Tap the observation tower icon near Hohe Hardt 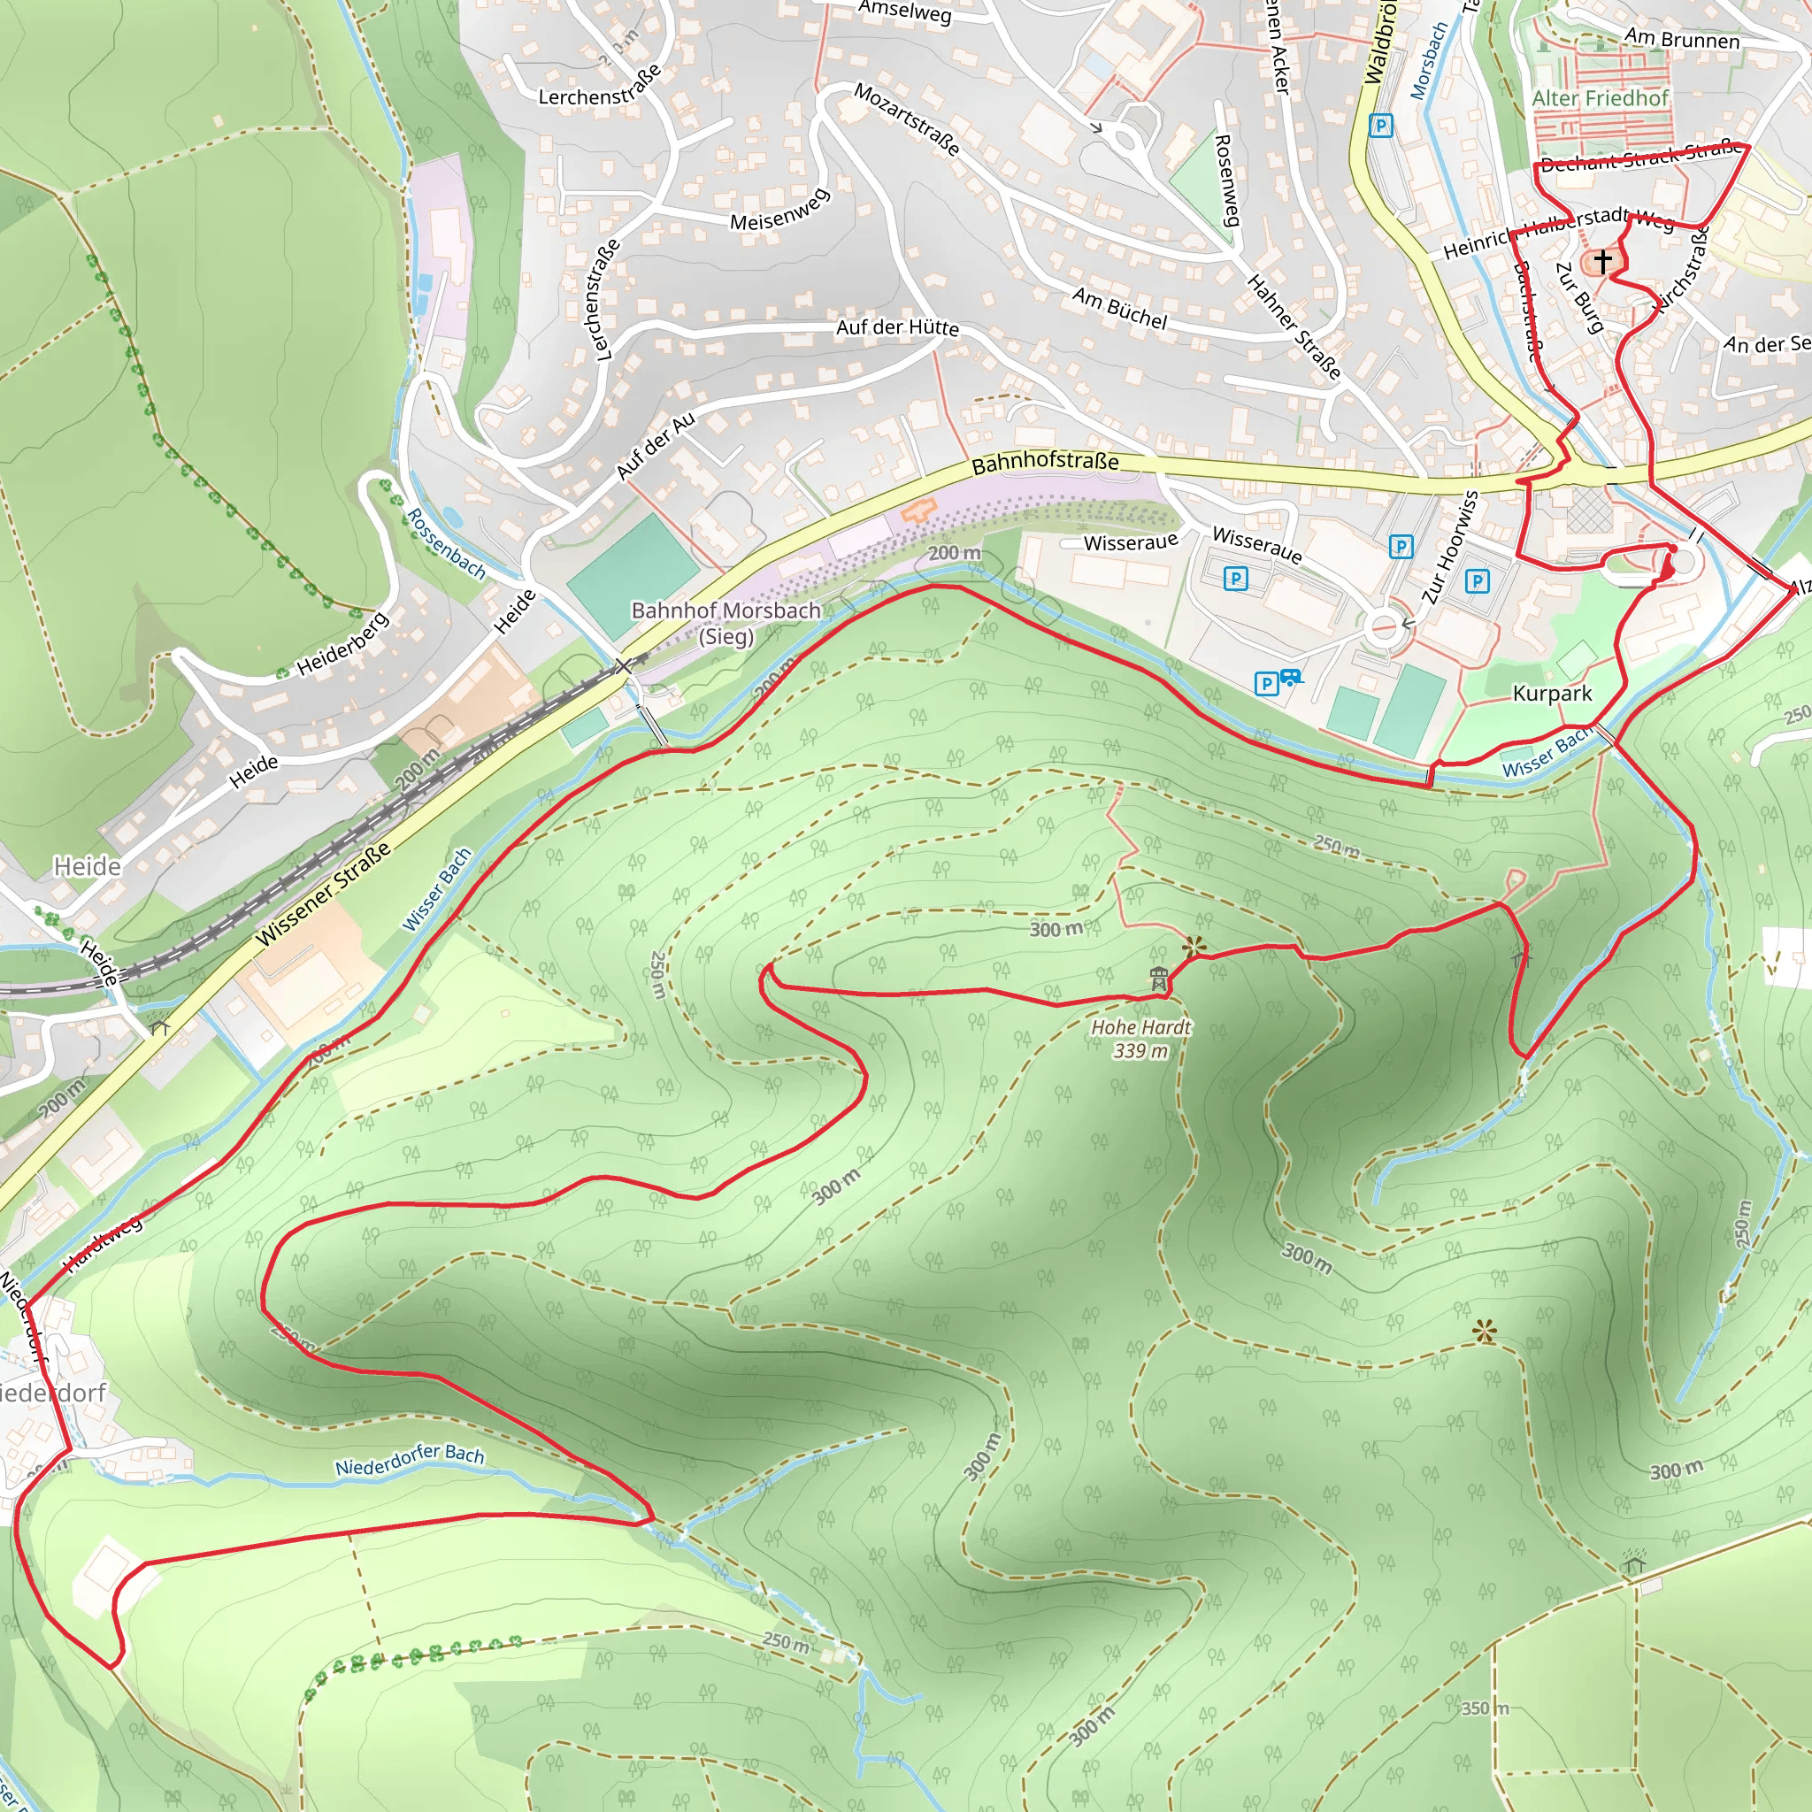[1159, 979]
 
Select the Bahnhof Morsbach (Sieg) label [726, 623]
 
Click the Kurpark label [1552, 694]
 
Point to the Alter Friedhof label [1600, 98]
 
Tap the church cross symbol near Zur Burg [1603, 260]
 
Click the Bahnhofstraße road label [1045, 463]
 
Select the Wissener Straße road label [324, 894]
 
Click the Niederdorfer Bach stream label [410, 1460]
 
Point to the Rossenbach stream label [446, 544]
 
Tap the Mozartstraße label [907, 119]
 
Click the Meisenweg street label [780, 210]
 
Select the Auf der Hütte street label [897, 327]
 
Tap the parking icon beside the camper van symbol [1266, 683]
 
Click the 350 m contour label [1485, 1708]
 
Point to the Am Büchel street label [1120, 309]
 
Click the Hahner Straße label [1294, 326]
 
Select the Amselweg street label [905, 12]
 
